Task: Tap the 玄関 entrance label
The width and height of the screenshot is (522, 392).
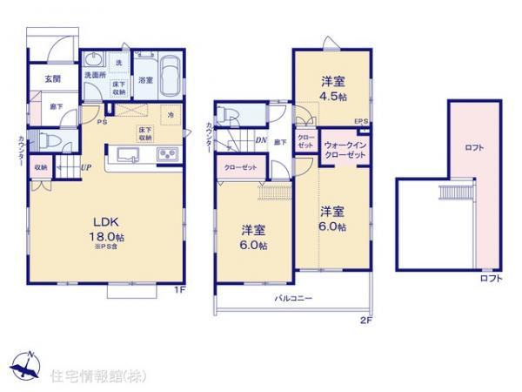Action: coord(50,79)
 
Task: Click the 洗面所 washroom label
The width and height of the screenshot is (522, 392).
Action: coord(94,76)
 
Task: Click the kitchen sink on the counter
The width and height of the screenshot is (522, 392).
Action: coord(125,154)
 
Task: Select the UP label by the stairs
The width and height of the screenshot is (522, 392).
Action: coord(87,167)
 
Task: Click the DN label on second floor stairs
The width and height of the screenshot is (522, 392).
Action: coord(260,139)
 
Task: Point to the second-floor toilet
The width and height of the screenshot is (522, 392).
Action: coord(228,113)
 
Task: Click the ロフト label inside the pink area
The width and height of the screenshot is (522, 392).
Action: coord(474,148)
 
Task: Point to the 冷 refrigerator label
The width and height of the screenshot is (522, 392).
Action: coord(171,115)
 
